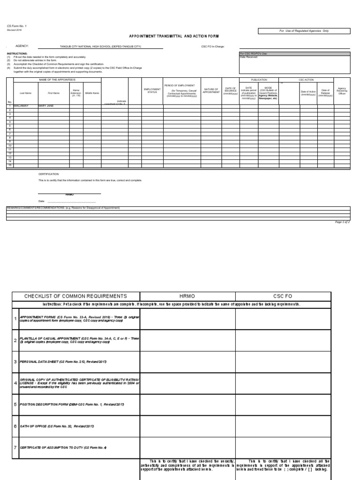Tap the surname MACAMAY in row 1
(x=21, y=106)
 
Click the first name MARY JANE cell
(x=46, y=106)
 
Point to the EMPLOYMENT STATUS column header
(x=152, y=90)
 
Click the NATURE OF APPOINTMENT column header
(x=211, y=90)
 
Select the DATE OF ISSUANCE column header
(x=230, y=90)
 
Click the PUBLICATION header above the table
(x=259, y=80)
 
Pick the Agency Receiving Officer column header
(x=342, y=90)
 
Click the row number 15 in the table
(x=9, y=165)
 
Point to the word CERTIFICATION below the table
(x=48, y=174)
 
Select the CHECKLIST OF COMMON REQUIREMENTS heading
(x=75, y=296)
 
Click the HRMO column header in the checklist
(x=187, y=296)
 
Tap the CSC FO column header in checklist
(x=283, y=296)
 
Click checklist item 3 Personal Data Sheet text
(x=57, y=362)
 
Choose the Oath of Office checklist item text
(x=57, y=426)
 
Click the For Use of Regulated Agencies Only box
(x=304, y=31)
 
